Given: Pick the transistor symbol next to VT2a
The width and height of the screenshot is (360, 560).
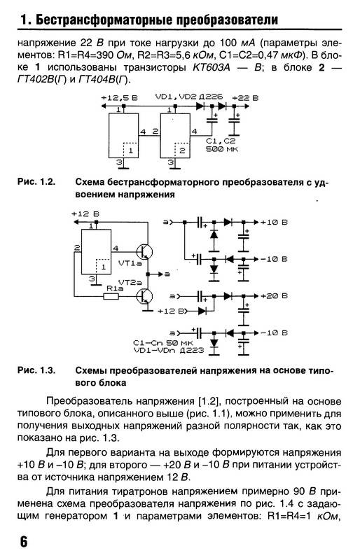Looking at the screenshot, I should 146,296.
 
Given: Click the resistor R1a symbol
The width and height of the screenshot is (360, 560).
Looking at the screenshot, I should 111,297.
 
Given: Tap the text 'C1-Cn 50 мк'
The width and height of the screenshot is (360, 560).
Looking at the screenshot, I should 161,342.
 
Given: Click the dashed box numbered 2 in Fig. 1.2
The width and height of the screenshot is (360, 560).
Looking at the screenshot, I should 180,149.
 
